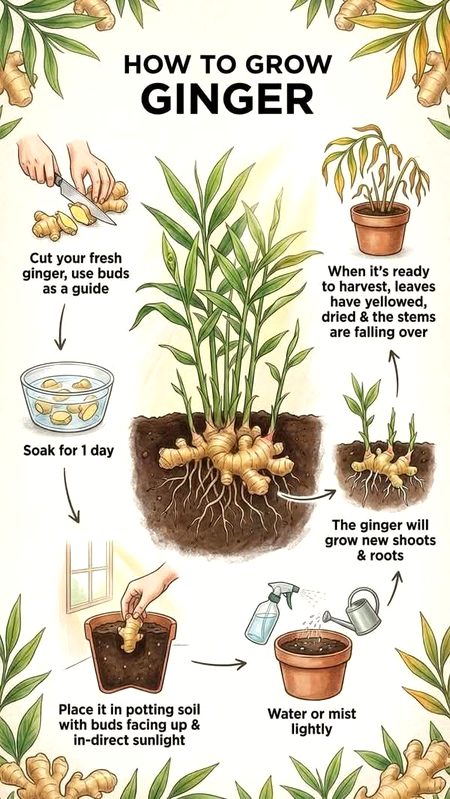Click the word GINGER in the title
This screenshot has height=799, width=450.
tap(225, 101)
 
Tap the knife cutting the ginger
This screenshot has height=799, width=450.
tap(71, 185)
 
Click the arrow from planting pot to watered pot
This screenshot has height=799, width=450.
tap(218, 662)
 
